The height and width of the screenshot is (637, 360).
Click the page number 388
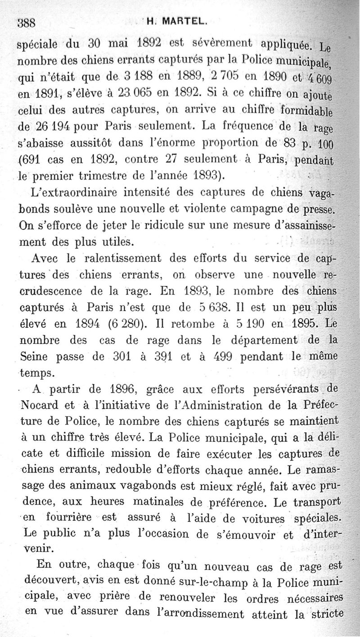point(26,23)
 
